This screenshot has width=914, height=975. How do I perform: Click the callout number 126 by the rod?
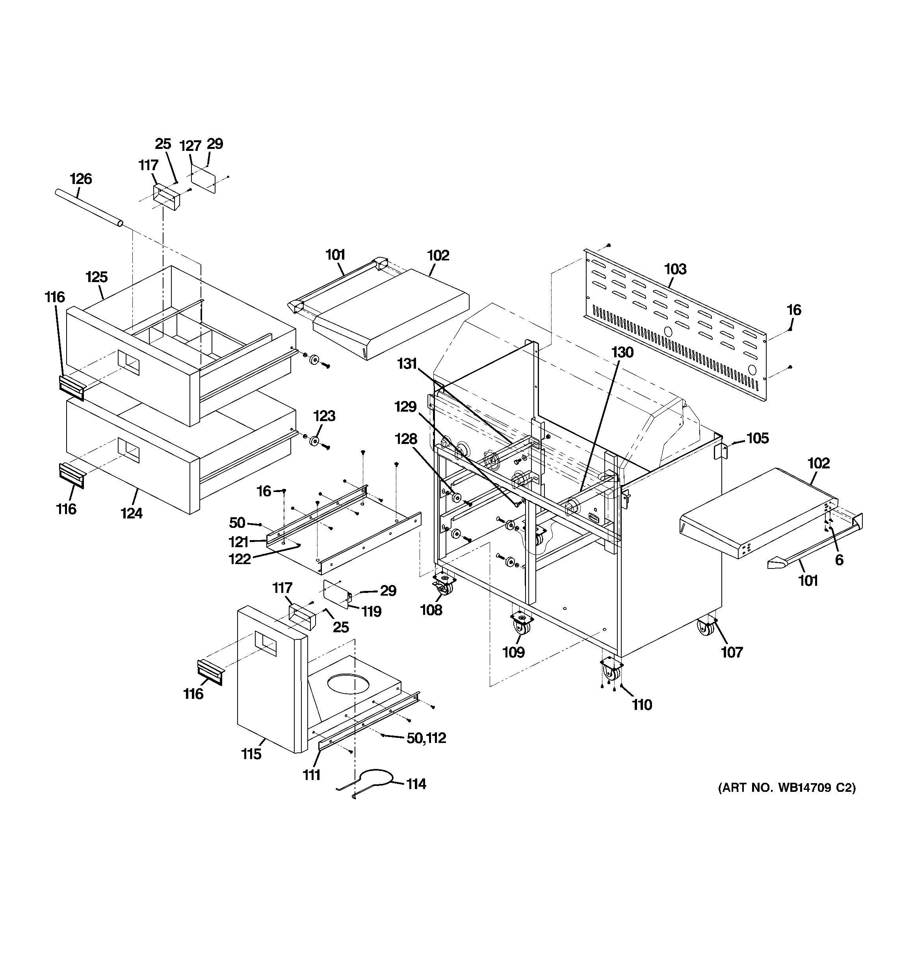point(80,179)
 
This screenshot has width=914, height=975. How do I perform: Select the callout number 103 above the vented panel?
point(675,269)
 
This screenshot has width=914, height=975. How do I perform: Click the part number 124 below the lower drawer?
point(132,513)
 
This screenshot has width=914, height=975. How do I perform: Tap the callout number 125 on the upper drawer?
point(97,277)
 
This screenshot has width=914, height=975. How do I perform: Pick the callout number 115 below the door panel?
point(251,754)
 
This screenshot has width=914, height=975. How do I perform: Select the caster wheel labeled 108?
point(443,586)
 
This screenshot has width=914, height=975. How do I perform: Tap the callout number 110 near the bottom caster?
point(642,705)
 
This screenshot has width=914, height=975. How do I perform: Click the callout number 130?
point(622,352)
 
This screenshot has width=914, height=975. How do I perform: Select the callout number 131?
point(407,364)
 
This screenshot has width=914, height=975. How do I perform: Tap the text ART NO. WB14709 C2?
point(786,801)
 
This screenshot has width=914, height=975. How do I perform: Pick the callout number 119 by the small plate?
point(372,611)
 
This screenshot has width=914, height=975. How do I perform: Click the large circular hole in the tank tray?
point(347,683)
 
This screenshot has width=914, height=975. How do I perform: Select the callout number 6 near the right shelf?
point(839,560)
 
